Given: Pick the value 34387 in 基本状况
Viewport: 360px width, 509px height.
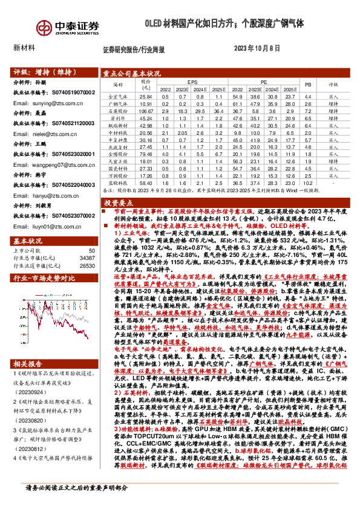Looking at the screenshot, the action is (87, 241).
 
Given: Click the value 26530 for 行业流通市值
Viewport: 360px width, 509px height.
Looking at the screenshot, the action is (87, 248).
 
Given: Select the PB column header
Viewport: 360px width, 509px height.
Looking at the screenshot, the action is (307, 84).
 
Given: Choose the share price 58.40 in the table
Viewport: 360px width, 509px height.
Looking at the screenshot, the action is (146, 182).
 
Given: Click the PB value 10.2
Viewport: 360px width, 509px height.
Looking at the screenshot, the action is (307, 182).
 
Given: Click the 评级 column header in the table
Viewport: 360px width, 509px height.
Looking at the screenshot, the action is (333, 84).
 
